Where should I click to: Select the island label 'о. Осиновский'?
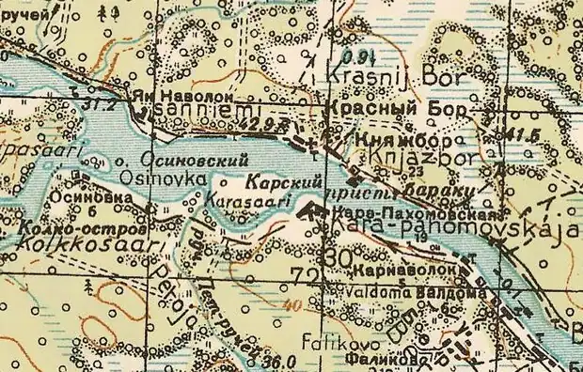pyautogui.click(x=194, y=160)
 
